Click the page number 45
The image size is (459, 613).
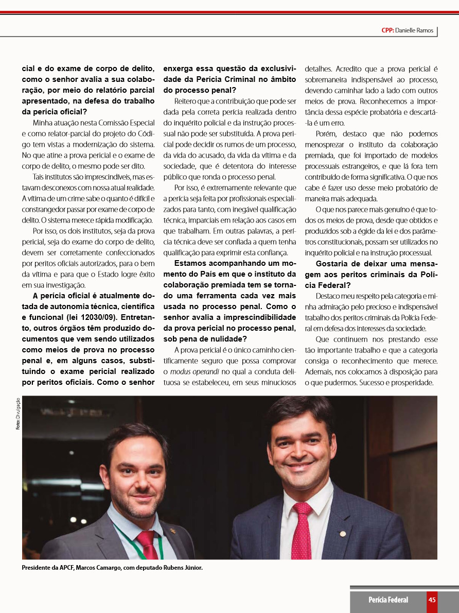[x=432, y=600]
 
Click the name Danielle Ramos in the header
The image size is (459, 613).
[x=416, y=31]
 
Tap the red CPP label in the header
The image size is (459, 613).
[x=387, y=31]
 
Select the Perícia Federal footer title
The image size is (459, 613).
[x=388, y=600]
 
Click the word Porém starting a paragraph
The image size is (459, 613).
[x=326, y=134]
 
